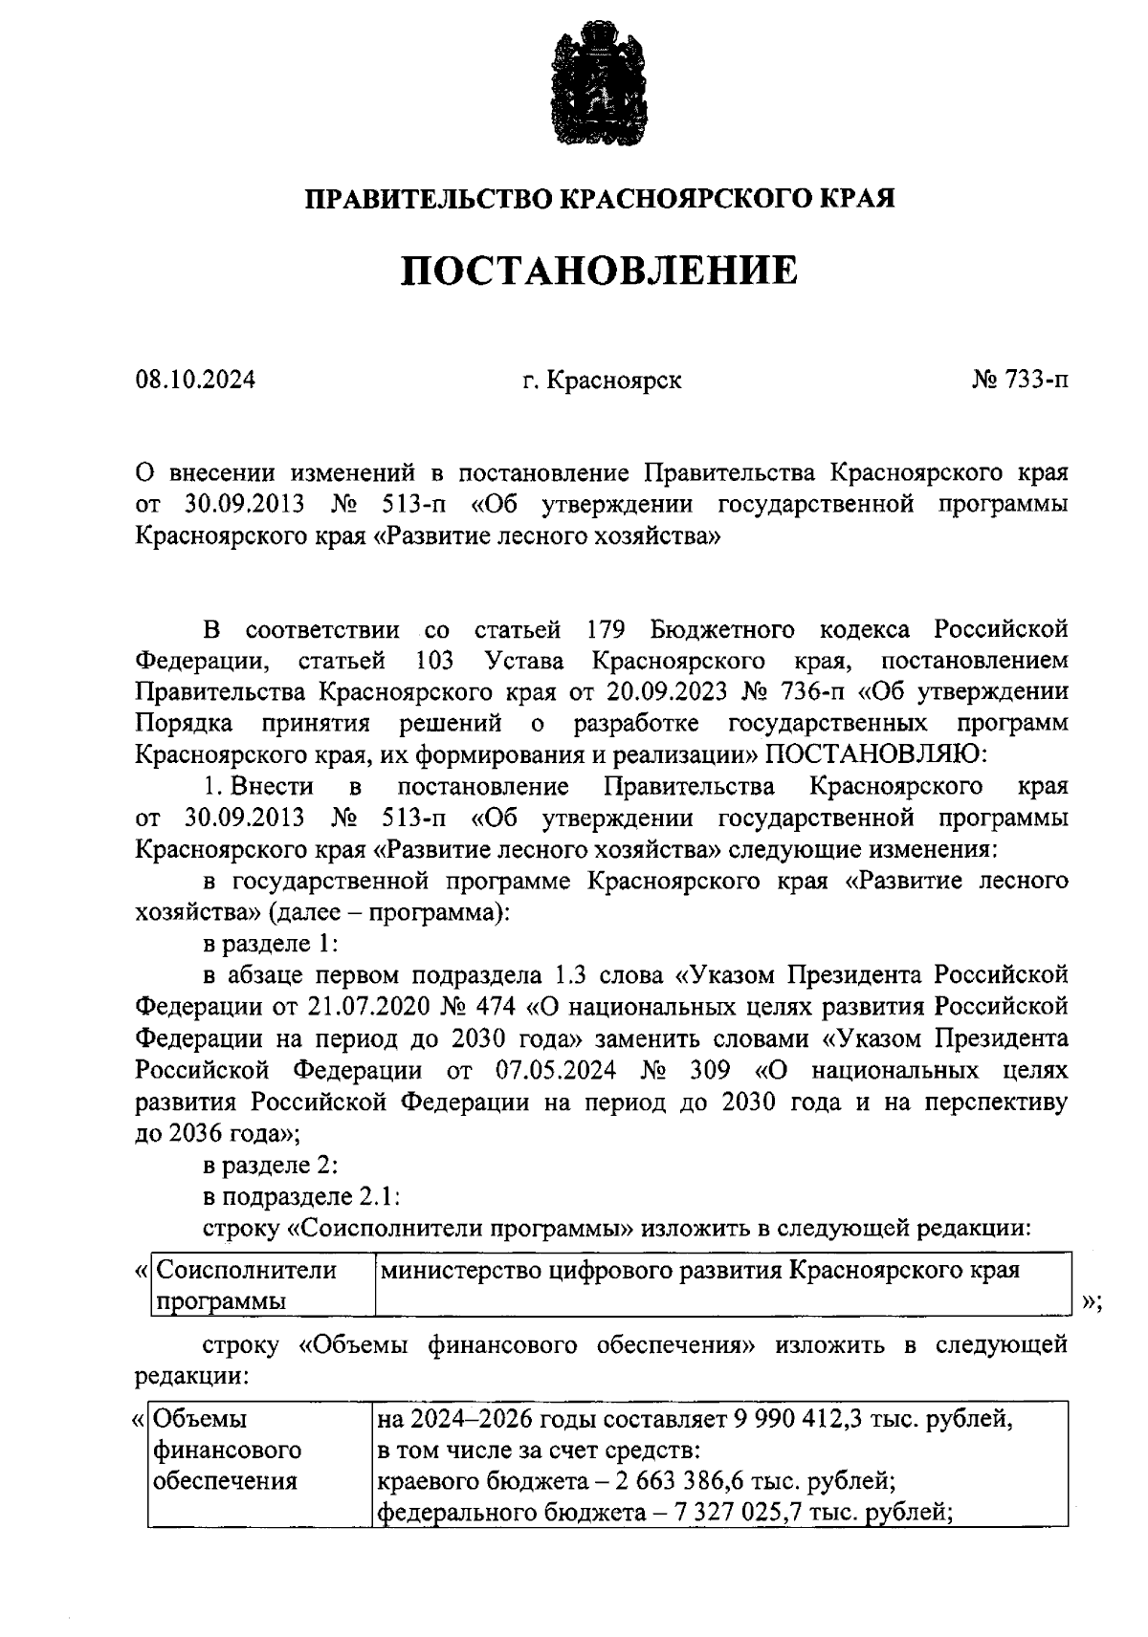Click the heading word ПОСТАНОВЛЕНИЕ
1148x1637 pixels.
pos(598,271)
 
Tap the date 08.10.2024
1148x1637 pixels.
pos(195,381)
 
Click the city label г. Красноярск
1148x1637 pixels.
pos(602,381)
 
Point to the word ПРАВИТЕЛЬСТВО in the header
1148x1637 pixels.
pos(428,200)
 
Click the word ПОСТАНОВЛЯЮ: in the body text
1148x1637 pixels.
pos(877,754)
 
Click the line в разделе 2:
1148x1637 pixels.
pos(271,1166)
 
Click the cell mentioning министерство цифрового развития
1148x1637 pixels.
pos(698,1272)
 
